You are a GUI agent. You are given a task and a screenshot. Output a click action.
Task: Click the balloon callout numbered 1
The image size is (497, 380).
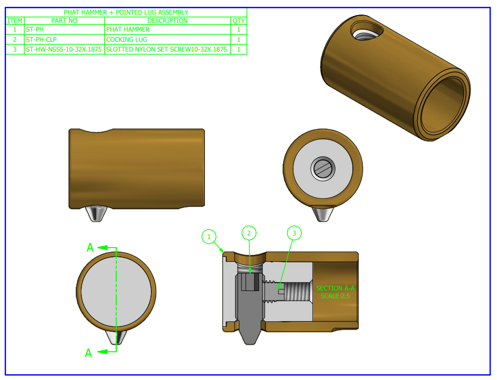click(209, 237)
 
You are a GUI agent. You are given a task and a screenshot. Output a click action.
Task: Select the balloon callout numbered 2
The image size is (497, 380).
click(249, 234)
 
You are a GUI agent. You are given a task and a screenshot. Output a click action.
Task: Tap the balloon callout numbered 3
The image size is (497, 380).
click(294, 234)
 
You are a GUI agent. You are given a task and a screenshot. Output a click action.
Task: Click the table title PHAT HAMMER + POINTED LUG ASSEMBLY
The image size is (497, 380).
click(126, 12)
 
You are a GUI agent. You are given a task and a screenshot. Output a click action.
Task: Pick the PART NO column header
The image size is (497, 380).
click(64, 20)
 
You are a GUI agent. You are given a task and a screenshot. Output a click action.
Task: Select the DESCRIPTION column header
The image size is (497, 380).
click(167, 20)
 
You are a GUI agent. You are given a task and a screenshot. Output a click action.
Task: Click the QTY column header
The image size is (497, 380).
click(239, 20)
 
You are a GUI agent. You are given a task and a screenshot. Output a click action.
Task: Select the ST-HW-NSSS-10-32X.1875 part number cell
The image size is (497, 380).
click(64, 49)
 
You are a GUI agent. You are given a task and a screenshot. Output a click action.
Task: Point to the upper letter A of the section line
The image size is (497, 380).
click(90, 248)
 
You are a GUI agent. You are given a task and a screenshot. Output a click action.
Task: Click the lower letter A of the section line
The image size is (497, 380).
click(89, 353)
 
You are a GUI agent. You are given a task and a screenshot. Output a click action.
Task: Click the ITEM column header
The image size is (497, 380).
click(15, 20)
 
